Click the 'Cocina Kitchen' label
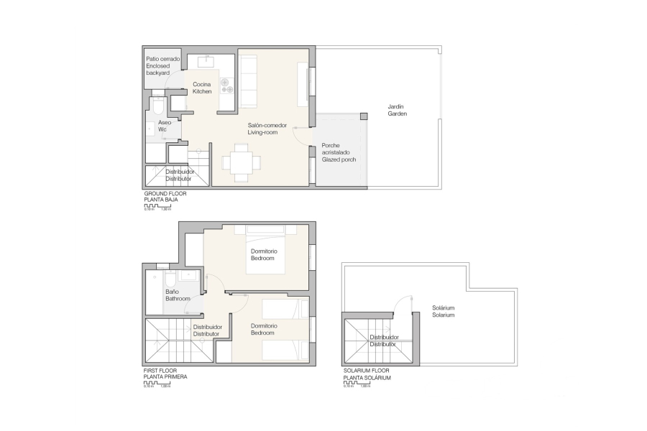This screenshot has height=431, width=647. [202, 88]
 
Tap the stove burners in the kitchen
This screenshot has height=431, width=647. [228, 85]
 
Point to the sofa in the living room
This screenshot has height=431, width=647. [248, 80]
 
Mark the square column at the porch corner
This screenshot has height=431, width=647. [363, 116]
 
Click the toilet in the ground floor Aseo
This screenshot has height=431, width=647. [158, 105]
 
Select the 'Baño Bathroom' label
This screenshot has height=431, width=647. [178, 295]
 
